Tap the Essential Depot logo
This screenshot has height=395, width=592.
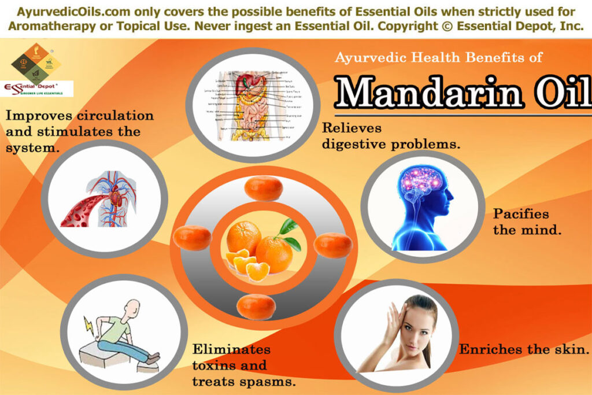click(x=38, y=88)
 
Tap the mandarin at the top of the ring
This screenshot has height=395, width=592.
click(x=263, y=188)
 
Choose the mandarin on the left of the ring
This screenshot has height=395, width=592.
click(x=193, y=238)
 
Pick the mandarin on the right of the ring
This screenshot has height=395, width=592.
click(x=333, y=245)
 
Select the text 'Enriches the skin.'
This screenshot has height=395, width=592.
click(x=524, y=349)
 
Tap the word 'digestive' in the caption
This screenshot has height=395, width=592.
click(x=356, y=144)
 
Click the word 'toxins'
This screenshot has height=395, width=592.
click(x=216, y=366)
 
